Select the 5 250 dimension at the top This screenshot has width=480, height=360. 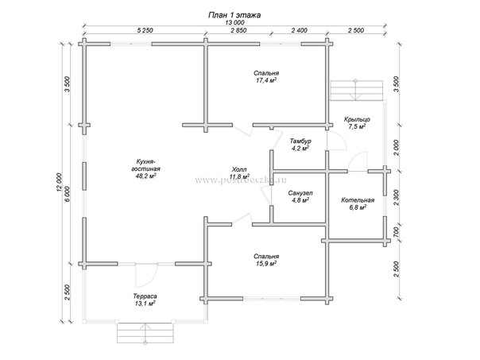click(145, 32)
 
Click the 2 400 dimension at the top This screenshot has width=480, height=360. click(299, 32)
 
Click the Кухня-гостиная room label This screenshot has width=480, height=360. click(145, 165)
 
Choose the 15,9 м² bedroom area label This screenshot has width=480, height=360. click(266, 264)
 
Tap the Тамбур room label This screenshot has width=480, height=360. click(300, 140)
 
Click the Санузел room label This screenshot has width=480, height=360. click(300, 193)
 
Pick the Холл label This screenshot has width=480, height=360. click(238, 169)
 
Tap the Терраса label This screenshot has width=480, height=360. click(144, 296)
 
